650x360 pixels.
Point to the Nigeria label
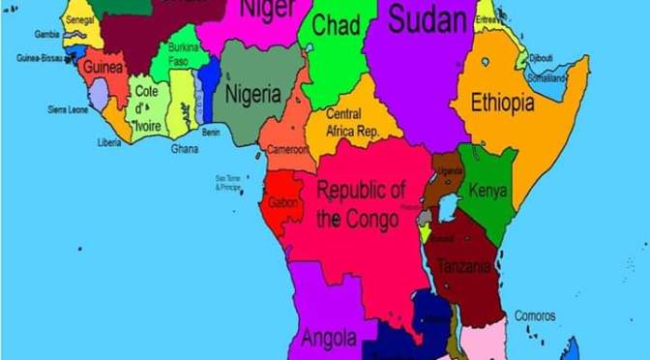tap(253, 95)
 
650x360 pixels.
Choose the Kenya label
tap(487, 191)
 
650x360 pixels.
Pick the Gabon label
tap(283, 202)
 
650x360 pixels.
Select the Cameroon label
tap(288, 150)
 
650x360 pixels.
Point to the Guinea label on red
tap(103, 68)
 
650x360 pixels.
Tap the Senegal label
tap(80, 19)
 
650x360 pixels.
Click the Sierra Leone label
tap(69, 109)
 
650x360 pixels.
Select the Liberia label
tap(109, 142)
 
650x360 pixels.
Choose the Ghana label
tap(185, 148)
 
